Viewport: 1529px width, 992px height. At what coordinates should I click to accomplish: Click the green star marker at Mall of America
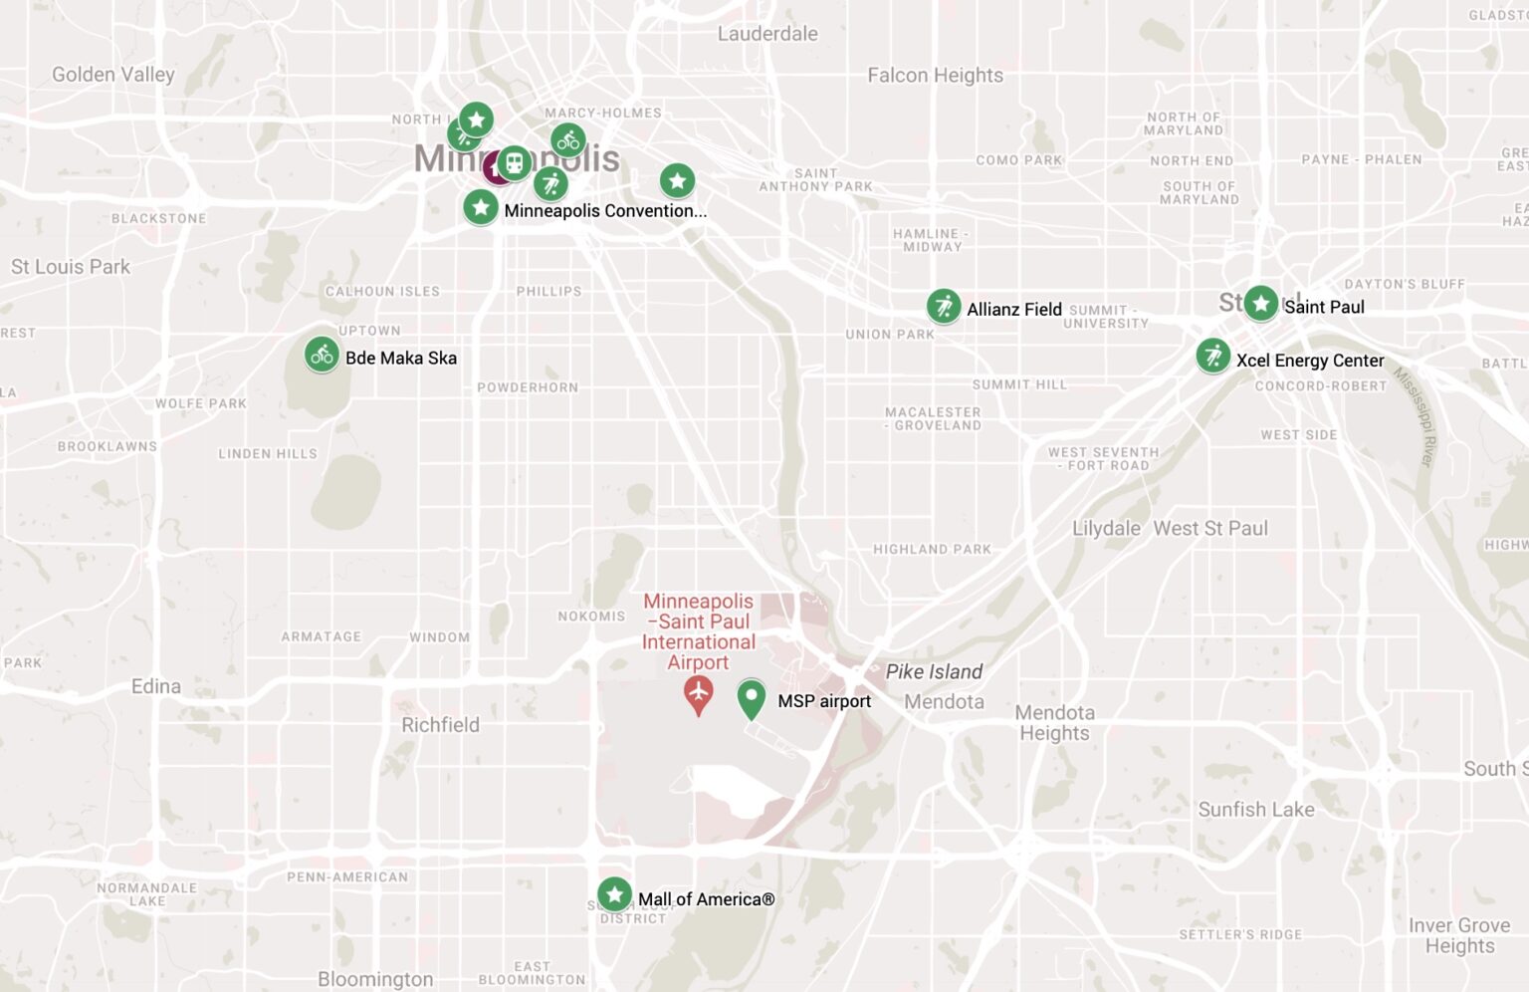click(x=614, y=894)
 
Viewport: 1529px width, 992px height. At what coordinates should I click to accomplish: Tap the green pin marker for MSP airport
click(x=752, y=697)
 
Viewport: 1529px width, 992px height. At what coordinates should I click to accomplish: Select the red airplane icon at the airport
click(x=698, y=692)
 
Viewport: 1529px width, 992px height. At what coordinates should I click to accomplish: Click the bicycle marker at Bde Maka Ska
click(x=322, y=355)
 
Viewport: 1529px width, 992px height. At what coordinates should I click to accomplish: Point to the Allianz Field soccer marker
click(x=944, y=307)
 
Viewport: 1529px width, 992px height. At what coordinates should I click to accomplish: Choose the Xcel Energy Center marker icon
click(x=1213, y=356)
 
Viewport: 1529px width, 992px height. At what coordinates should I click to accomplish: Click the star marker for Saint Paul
click(x=1261, y=303)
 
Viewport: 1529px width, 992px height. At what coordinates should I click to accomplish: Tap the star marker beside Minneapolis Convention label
click(x=481, y=208)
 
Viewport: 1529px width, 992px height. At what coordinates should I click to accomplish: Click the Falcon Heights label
click(x=935, y=76)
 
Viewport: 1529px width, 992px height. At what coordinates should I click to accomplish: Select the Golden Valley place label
click(x=112, y=75)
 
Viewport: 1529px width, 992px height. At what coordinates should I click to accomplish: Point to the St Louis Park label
click(x=71, y=267)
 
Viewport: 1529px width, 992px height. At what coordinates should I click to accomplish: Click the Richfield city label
click(x=440, y=725)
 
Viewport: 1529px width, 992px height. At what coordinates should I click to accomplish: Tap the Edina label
click(x=156, y=686)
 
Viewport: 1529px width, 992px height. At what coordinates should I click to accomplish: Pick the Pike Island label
click(x=934, y=672)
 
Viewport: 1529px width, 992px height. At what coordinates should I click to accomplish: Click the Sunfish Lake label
click(x=1255, y=810)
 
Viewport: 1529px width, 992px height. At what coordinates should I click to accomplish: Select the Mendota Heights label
click(x=1054, y=723)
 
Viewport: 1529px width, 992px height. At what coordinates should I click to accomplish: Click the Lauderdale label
click(x=767, y=34)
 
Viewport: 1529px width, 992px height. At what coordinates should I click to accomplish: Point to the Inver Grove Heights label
click(x=1459, y=935)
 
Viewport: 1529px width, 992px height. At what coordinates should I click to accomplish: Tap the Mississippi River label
click(x=1415, y=417)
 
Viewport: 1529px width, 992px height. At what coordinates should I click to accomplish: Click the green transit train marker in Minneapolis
click(x=514, y=162)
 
